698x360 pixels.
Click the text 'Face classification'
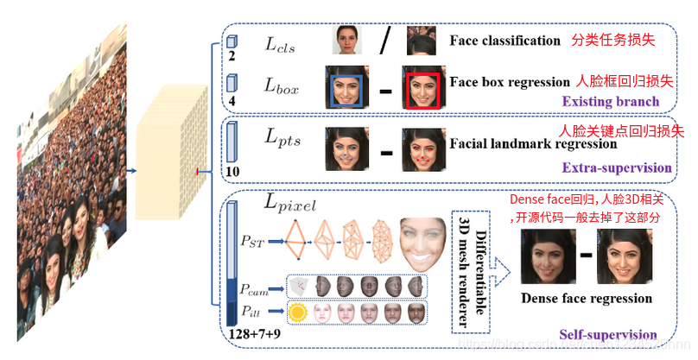[504, 41]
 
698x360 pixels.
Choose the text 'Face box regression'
[510, 82]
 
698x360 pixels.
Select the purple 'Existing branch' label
[610, 102]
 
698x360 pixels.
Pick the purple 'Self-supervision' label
[608, 335]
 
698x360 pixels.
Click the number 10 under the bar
[232, 173]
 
